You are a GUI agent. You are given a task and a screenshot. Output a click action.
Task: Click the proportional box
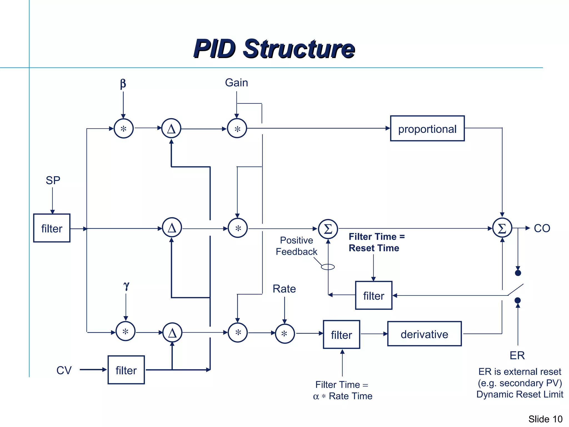point(427,128)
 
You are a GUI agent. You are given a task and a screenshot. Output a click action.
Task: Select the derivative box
point(424,334)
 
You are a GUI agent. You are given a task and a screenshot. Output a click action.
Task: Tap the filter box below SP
point(52,228)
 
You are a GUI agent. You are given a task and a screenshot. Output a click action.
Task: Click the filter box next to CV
point(126,370)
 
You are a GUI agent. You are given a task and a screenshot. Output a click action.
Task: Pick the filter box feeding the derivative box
point(341,334)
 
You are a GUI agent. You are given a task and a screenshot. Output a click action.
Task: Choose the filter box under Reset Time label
point(374,295)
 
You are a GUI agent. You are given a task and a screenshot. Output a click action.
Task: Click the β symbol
point(123,83)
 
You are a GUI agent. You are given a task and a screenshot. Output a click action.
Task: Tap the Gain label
point(236,83)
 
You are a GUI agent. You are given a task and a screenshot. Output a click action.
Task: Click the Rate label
point(284,289)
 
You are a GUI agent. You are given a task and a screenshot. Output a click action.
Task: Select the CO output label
point(542,228)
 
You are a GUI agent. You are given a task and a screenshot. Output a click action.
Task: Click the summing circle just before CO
point(502,228)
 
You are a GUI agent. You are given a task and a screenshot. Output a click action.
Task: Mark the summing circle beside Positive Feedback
point(328,229)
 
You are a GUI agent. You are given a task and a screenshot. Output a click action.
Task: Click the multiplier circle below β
point(124,128)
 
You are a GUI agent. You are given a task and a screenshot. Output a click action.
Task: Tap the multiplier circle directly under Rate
point(284,333)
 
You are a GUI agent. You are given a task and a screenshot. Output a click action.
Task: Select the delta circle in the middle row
point(172,228)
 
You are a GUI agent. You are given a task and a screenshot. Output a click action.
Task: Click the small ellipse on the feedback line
point(328,267)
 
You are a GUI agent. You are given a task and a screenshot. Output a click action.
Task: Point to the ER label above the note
point(517,355)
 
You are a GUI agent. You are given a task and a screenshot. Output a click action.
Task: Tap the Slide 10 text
point(545,419)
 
